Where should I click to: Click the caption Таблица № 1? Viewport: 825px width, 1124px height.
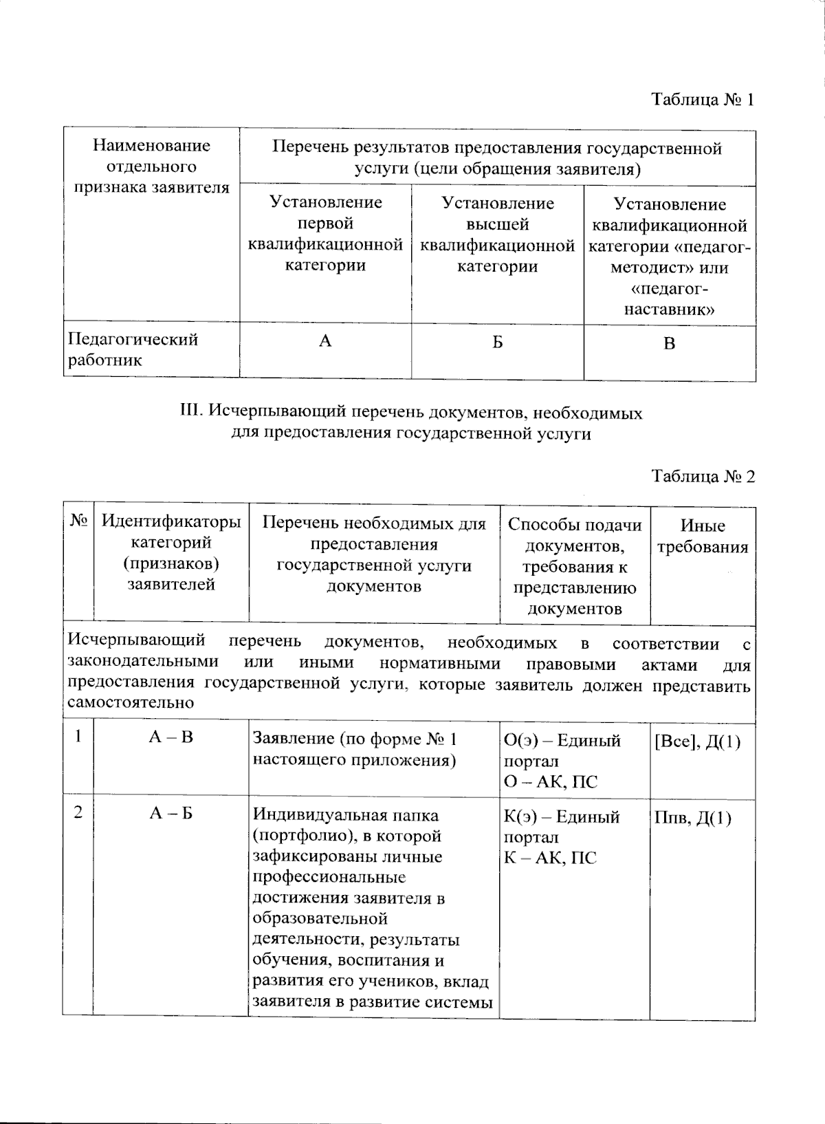[x=703, y=100]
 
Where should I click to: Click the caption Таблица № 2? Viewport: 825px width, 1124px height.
[x=703, y=477]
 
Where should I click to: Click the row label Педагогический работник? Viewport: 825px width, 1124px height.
[x=133, y=349]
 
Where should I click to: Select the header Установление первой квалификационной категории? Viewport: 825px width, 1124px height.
[x=325, y=234]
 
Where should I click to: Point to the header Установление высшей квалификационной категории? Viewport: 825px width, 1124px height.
[x=497, y=235]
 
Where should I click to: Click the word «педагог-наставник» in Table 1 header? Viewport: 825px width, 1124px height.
[x=669, y=299]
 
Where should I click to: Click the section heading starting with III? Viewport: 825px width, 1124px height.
[x=410, y=423]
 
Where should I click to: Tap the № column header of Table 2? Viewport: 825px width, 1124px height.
[x=78, y=522]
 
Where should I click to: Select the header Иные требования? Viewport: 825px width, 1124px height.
[x=703, y=537]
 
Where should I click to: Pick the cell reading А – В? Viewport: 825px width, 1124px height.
[x=171, y=737]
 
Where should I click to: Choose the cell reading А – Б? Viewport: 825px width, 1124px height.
[x=171, y=813]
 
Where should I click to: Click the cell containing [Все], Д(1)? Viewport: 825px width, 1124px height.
[x=697, y=742]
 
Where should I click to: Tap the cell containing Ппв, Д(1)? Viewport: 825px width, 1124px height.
[x=693, y=818]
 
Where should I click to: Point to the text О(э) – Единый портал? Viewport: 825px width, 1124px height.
[x=562, y=750]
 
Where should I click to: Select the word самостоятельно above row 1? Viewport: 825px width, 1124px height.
[x=131, y=703]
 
